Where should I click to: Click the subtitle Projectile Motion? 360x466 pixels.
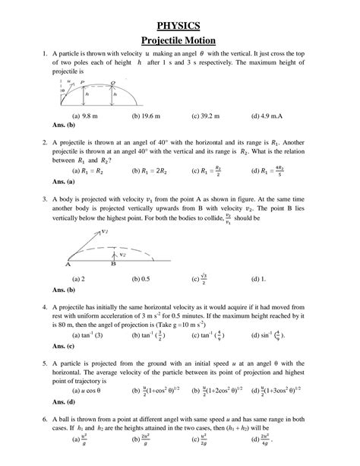180,40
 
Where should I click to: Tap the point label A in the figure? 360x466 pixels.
68,266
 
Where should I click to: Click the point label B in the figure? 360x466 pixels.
113,266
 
